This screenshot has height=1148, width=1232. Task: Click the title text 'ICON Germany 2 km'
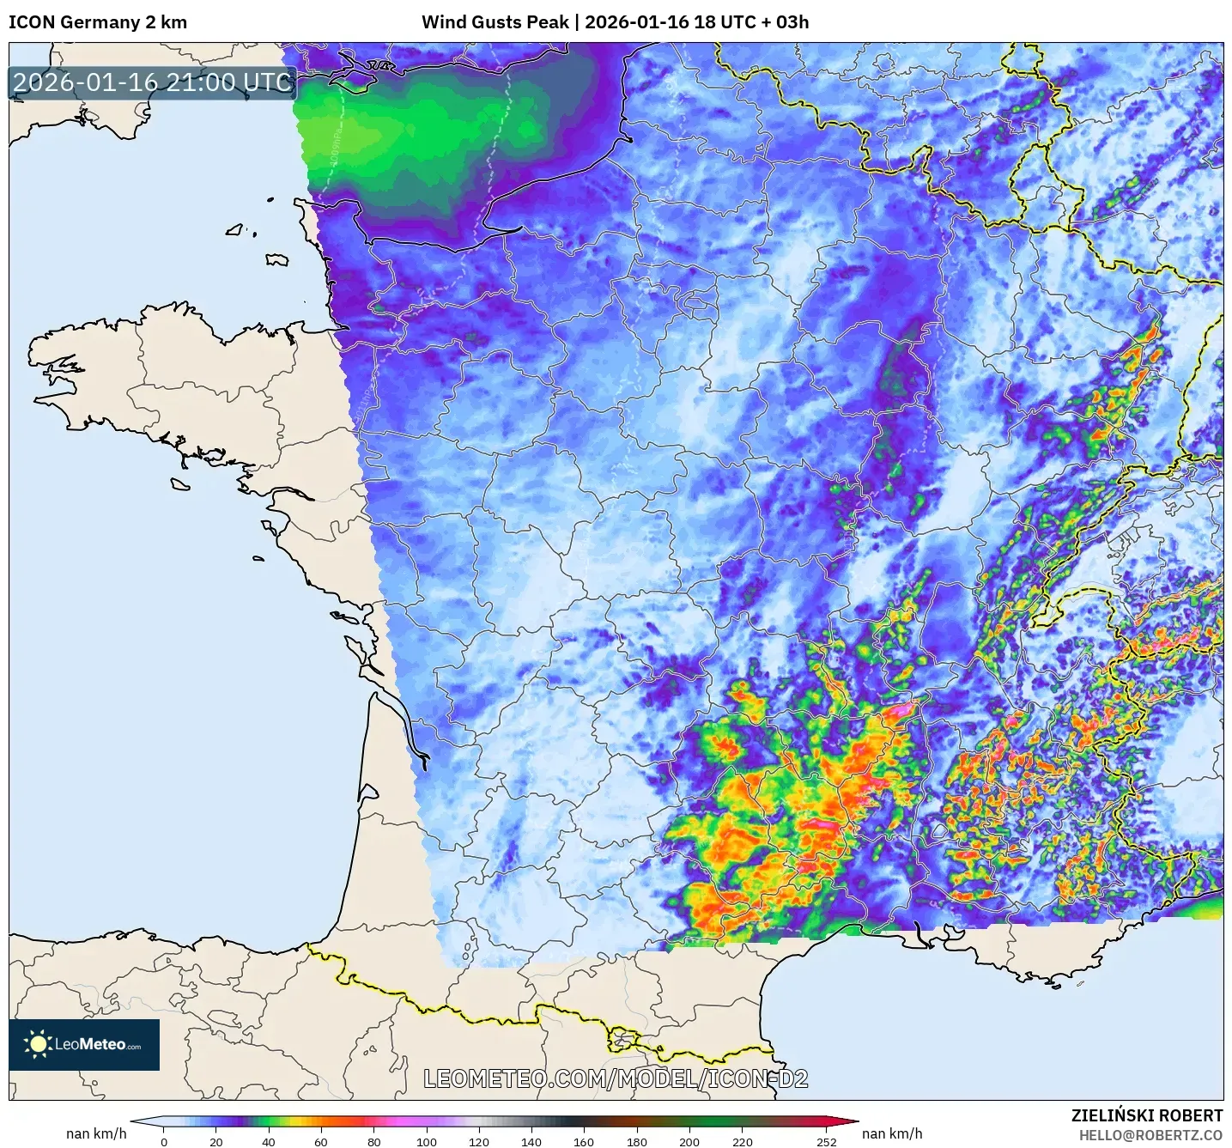(98, 22)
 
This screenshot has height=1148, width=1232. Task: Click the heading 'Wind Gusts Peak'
(495, 22)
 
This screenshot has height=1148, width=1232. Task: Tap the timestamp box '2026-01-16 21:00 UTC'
(152, 82)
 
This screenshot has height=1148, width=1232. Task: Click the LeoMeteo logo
(84, 1044)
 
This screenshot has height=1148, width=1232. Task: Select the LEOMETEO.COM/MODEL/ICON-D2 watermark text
(616, 1078)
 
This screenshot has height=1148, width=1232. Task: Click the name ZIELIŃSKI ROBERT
(1146, 1115)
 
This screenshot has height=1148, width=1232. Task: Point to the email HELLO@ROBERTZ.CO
(1150, 1135)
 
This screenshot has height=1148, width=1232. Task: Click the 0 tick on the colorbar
(164, 1141)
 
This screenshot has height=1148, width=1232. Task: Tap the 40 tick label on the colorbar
(269, 1141)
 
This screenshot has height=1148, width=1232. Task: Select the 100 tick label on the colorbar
(427, 1141)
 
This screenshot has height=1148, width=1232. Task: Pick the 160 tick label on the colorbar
(584, 1141)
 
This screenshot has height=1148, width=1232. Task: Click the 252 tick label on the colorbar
(826, 1141)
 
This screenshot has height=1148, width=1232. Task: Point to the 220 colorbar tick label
(742, 1141)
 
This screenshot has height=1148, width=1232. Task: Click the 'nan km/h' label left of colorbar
(96, 1133)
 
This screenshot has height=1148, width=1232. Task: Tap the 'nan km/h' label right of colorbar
(892, 1133)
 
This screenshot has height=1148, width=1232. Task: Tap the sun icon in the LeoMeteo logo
(38, 1044)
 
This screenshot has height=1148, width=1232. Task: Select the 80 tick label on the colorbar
(373, 1141)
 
